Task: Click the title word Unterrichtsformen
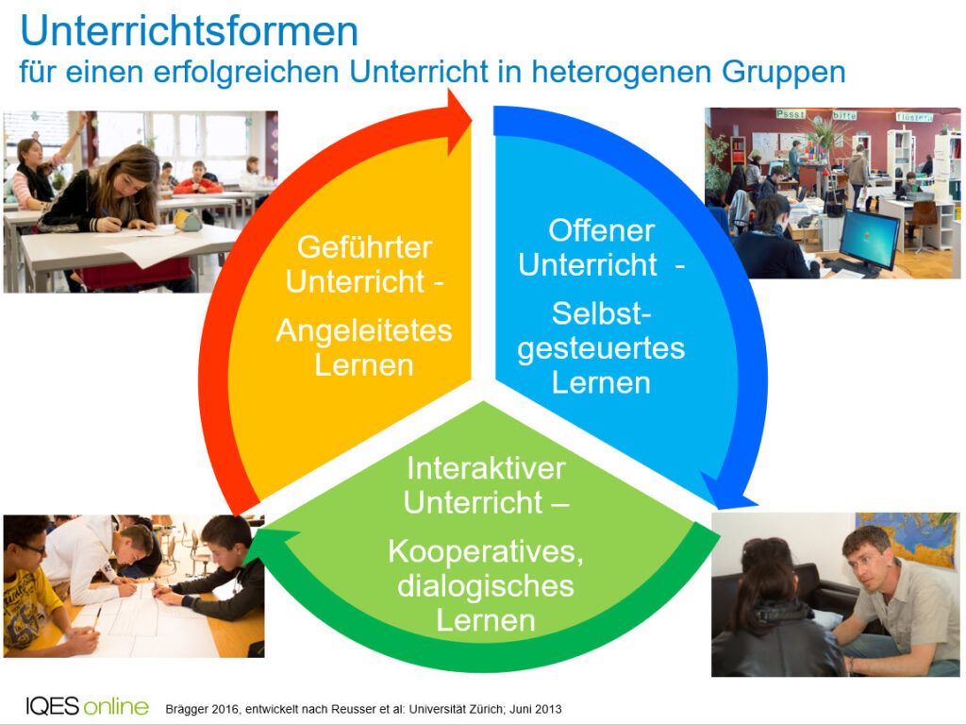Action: point(189,31)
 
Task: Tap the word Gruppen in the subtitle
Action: point(784,73)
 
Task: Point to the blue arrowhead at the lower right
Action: point(727,491)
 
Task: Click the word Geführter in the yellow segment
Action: point(365,247)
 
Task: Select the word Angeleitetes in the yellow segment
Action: point(364,331)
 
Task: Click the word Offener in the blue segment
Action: point(601,230)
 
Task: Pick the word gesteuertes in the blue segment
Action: point(601,349)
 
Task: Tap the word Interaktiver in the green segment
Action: point(486,468)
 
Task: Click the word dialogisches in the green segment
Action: point(486,585)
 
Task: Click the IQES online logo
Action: point(87,706)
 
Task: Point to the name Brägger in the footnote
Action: point(188,710)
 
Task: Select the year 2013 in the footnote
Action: point(548,709)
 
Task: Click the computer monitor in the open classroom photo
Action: point(869,239)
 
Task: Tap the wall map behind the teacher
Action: point(908,537)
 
